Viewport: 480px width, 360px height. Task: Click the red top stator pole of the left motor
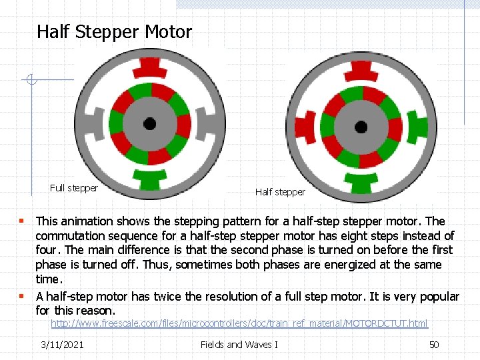coord(149,67)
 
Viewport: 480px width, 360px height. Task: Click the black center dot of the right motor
coord(361,127)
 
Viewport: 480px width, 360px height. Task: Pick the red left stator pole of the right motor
coord(304,127)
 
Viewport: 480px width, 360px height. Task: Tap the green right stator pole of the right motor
coord(417,127)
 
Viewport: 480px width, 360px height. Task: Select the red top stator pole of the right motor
coord(361,70)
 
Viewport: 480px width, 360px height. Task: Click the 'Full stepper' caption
coord(74,188)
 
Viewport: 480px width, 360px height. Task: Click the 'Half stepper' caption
coord(280,192)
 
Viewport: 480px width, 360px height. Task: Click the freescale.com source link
coord(239,323)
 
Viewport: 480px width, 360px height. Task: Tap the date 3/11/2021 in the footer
coord(62,344)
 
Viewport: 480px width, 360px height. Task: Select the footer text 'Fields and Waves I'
coord(239,344)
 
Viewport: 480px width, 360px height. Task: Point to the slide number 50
coord(433,344)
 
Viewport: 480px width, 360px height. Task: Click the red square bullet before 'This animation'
coord(22,221)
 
